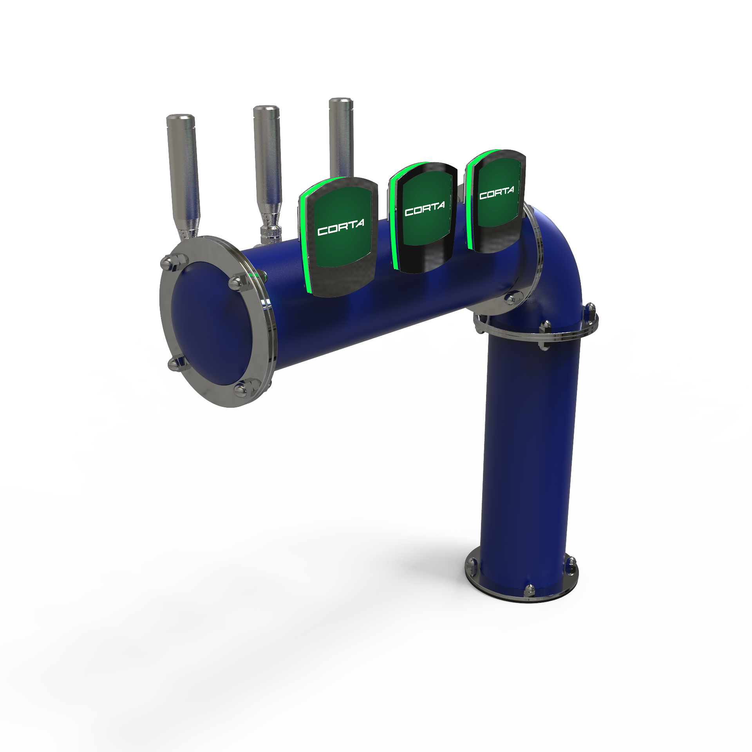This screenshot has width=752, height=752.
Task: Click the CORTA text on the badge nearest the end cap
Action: pos(341,227)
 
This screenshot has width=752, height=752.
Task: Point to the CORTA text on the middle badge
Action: pos(425,209)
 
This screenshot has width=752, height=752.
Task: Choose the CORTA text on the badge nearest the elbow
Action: pos(497,193)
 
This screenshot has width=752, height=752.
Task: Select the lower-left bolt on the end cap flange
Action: pos(176,363)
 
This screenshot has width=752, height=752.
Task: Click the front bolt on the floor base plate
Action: pos(530,590)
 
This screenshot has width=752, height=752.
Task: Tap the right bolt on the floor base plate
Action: pos(572,564)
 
